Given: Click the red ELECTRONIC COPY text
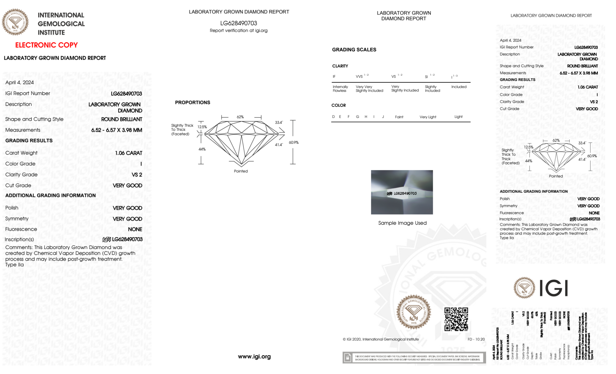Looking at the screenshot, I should (46, 45).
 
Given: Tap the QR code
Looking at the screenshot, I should (456, 319).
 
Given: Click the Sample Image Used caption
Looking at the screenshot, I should (402, 223).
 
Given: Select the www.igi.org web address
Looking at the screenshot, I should (254, 356).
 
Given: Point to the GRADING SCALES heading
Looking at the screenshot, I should (354, 50).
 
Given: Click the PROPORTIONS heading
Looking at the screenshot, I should (192, 103).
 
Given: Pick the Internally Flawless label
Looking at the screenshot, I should (340, 89).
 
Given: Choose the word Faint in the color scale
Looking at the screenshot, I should (399, 117).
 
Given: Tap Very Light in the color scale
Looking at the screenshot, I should (428, 117).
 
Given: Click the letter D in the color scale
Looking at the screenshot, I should (333, 117).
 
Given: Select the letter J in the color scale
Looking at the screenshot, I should (383, 117).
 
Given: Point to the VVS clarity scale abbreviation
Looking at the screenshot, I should (359, 76).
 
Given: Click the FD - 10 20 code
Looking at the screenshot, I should (476, 339).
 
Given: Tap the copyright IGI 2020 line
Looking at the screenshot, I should (381, 339).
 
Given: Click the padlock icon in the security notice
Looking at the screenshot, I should (348, 358).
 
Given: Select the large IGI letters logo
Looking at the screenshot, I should (554, 288).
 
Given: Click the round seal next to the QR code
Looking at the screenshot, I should (413, 312).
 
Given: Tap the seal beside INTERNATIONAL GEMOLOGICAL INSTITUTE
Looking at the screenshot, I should (15, 22).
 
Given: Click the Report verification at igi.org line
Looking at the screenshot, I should (239, 30).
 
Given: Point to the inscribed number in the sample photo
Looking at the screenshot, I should (405, 193).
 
